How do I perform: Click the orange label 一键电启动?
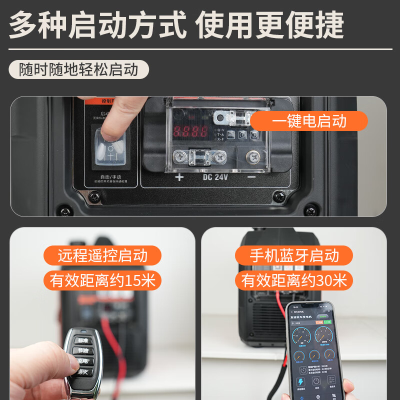pyautogui.click(x=309, y=121)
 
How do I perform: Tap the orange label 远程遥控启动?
pyautogui.click(x=102, y=255)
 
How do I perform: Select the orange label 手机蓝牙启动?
pyautogui.click(x=294, y=255)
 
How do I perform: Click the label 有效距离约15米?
pyautogui.click(x=102, y=280)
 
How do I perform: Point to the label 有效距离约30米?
pyautogui.click(x=294, y=280)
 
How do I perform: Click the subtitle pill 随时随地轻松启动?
pyautogui.click(x=78, y=69)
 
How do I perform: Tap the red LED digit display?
pyautogui.click(x=190, y=132)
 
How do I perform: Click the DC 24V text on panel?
pyautogui.click(x=215, y=177)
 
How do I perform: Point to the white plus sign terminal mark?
pyautogui.click(x=179, y=177)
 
